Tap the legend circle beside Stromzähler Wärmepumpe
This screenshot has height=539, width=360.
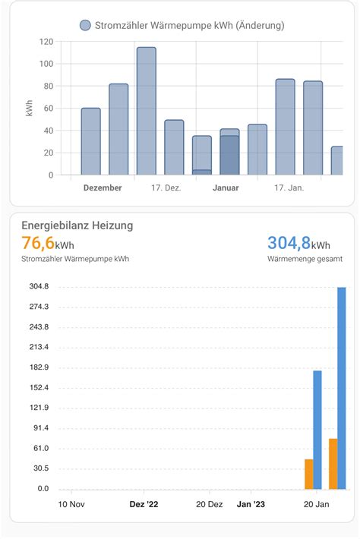click(85, 26)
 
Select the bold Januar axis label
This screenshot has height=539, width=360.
click(226, 188)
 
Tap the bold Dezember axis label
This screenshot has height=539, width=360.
click(103, 188)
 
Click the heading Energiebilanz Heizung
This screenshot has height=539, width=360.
click(77, 225)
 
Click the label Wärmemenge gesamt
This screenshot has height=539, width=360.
click(304, 260)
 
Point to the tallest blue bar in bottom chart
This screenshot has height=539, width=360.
click(342, 388)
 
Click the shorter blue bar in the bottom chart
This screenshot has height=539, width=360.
click(317, 430)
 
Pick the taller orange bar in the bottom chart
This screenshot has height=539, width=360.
click(333, 464)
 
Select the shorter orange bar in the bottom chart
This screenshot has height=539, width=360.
click(308, 474)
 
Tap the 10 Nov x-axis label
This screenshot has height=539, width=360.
click(71, 504)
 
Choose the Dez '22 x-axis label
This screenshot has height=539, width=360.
click(144, 504)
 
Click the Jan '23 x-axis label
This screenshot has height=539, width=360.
click(251, 504)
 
